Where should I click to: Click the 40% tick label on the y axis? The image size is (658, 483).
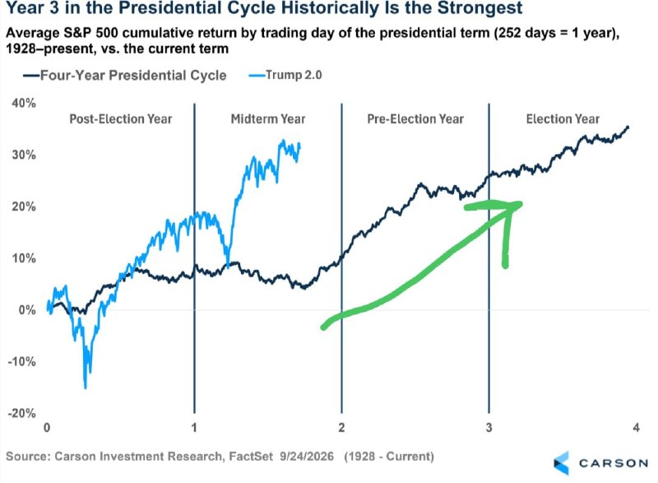click(x=24, y=103)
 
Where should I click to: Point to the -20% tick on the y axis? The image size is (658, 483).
click(x=22, y=413)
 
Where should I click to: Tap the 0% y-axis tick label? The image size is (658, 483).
click(x=27, y=310)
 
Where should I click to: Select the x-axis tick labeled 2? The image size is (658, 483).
click(x=341, y=428)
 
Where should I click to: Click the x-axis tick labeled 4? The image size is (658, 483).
click(x=636, y=428)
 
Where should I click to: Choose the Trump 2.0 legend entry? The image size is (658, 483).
click(x=285, y=75)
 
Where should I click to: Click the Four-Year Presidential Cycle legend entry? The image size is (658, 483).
click(x=125, y=76)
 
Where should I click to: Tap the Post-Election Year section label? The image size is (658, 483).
click(x=121, y=119)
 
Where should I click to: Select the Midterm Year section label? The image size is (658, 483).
click(x=268, y=119)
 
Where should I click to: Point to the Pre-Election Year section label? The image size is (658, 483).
click(x=415, y=119)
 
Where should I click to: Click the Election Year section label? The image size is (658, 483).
click(x=563, y=119)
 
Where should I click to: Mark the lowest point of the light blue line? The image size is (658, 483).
click(x=86, y=388)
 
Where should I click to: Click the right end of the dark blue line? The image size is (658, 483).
click(x=628, y=127)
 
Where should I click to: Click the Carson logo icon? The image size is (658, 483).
click(x=562, y=463)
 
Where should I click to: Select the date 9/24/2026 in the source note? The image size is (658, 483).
click(x=307, y=456)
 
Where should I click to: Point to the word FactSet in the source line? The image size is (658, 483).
click(x=251, y=456)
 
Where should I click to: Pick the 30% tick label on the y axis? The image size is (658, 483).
click(x=24, y=155)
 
